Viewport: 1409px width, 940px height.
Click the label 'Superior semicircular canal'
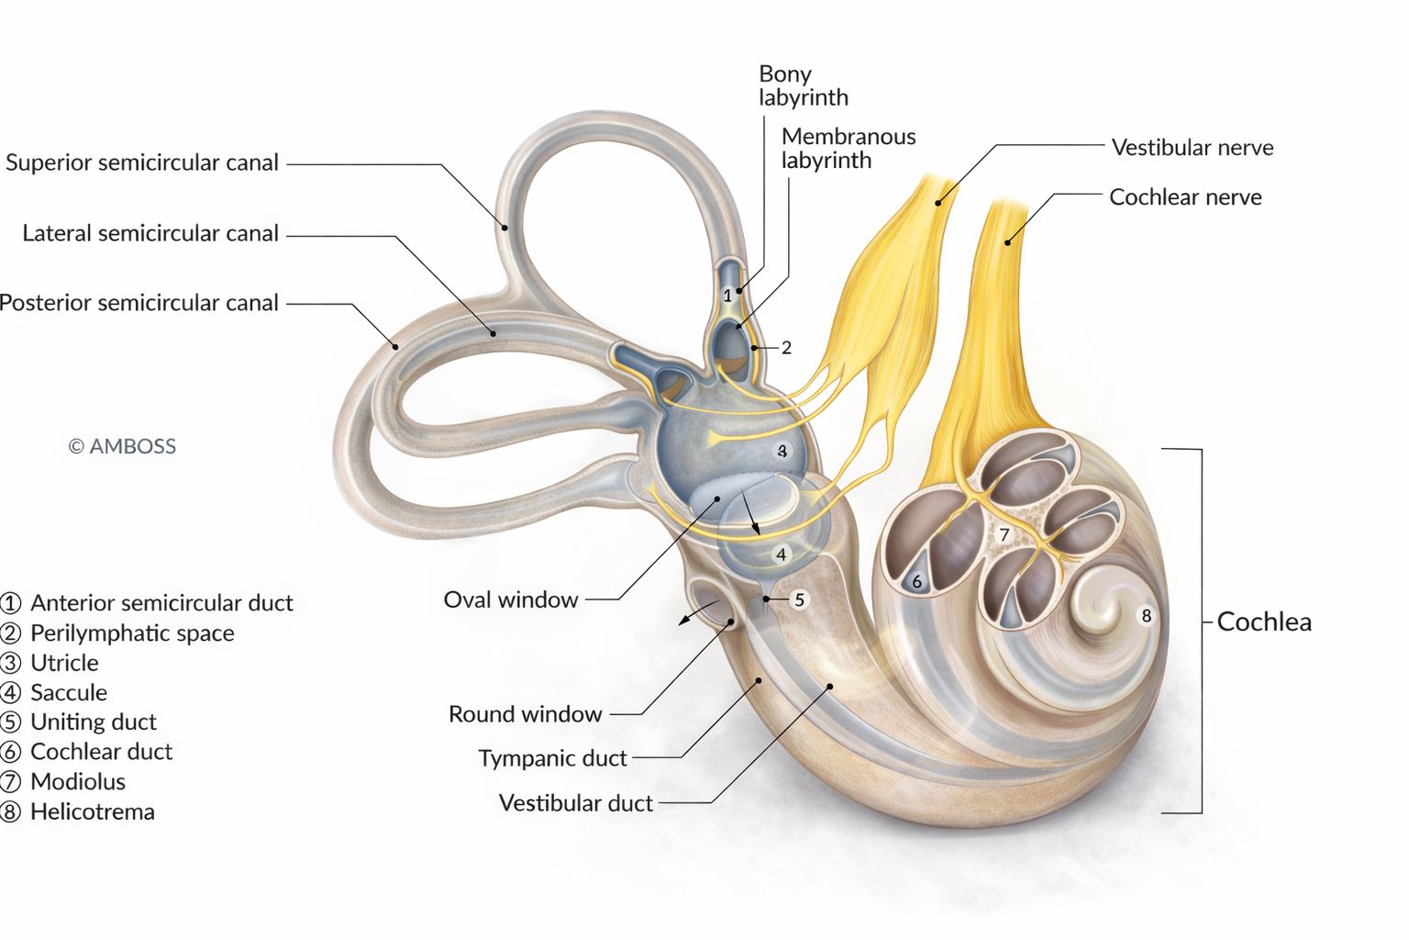pyautogui.click(x=142, y=162)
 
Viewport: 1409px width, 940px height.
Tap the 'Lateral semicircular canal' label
pyautogui.click(x=150, y=233)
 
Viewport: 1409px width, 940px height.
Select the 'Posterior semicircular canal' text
pyautogui.click(x=139, y=303)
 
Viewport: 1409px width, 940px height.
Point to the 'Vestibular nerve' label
pyautogui.click(x=1192, y=147)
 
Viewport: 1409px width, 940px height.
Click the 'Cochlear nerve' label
pyautogui.click(x=1185, y=197)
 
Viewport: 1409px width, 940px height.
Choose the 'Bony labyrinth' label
pyautogui.click(x=804, y=85)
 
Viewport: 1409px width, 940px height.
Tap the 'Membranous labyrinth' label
pyautogui.click(x=848, y=148)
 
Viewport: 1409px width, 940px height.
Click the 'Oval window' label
pyautogui.click(x=511, y=599)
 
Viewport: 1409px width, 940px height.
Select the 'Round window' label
pyautogui.click(x=526, y=714)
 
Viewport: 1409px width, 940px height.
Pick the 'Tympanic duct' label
pyautogui.click(x=553, y=758)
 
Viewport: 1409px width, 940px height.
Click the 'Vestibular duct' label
pyautogui.click(x=575, y=802)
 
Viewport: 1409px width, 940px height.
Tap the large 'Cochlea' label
pyautogui.click(x=1264, y=622)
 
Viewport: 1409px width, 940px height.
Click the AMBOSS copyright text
pyautogui.click(x=122, y=446)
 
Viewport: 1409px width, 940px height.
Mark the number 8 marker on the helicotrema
pyautogui.click(x=1147, y=616)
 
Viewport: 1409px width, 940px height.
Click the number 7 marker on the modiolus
pyautogui.click(x=1004, y=535)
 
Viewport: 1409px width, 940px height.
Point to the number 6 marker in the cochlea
pyautogui.click(x=917, y=582)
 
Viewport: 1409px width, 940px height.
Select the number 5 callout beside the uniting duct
pyautogui.click(x=800, y=600)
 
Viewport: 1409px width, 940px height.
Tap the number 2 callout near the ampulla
pyautogui.click(x=786, y=348)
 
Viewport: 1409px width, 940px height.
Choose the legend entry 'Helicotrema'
pyautogui.click(x=77, y=812)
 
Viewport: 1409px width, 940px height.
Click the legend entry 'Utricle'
pyautogui.click(x=50, y=663)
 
